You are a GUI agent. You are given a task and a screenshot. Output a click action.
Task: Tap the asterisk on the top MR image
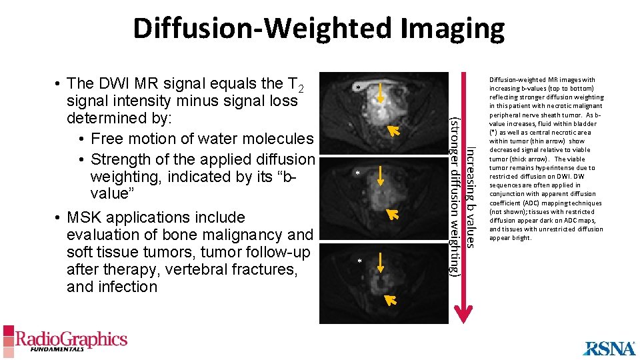point(358,88)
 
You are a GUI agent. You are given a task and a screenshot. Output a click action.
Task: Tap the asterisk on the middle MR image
point(358,173)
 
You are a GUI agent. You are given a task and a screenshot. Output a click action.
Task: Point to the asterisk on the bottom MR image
point(359,261)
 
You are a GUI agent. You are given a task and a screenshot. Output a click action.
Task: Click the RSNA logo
point(609,348)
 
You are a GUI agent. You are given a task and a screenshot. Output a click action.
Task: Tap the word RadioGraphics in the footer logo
point(71,339)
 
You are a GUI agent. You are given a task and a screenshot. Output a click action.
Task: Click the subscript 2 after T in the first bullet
point(301,89)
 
